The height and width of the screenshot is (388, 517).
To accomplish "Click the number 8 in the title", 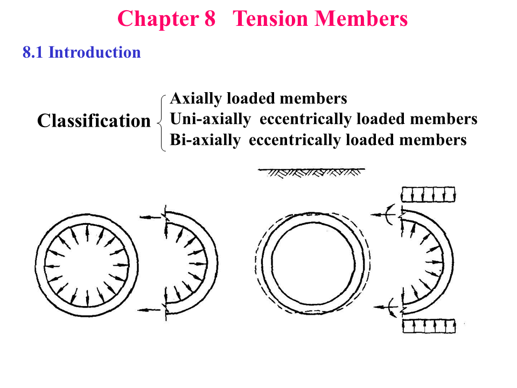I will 210,19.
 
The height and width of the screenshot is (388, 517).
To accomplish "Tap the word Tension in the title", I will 271,19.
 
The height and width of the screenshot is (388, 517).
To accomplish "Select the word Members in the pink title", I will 361,19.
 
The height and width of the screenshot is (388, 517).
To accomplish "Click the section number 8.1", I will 33,52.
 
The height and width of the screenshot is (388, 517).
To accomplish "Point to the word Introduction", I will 95,52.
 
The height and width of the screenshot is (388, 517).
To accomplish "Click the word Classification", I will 94,121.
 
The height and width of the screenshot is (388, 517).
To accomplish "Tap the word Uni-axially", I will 210,119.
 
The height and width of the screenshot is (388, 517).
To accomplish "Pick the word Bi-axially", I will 205,140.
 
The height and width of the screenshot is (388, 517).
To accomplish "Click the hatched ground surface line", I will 311,172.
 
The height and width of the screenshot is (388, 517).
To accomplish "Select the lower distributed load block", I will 428,325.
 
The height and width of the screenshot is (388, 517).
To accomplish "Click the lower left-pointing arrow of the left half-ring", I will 150,309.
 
